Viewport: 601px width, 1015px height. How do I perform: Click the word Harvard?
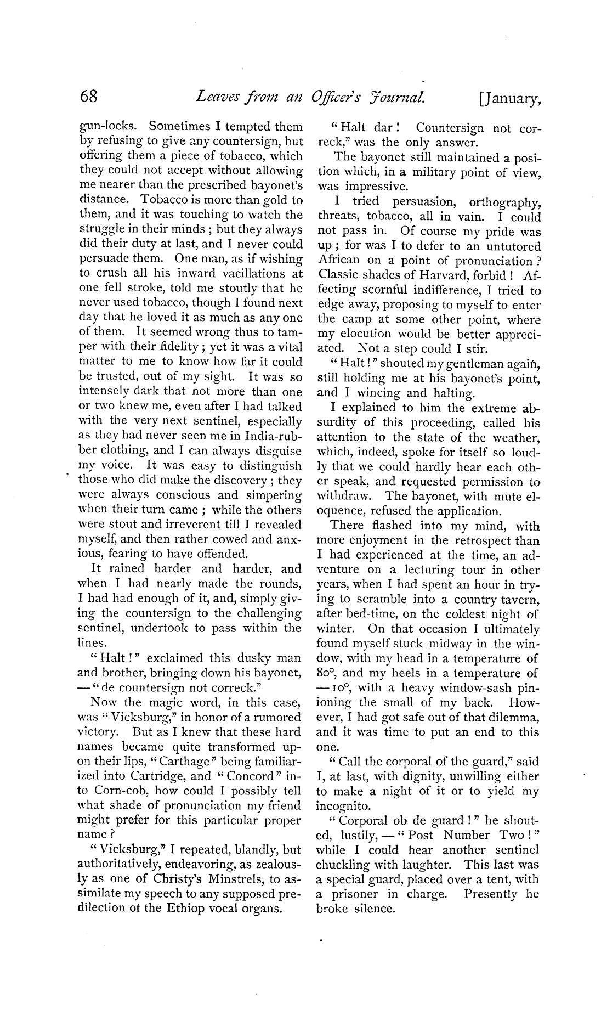tap(468, 275)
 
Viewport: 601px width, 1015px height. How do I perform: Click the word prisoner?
tap(355, 895)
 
